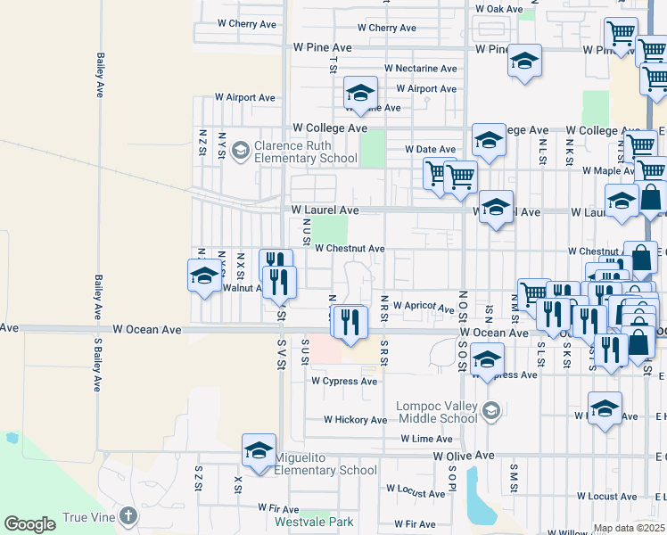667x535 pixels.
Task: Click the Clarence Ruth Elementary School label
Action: pos(293,152)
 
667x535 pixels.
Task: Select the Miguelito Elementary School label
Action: pos(325,465)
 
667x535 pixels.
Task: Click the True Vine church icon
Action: pos(129,516)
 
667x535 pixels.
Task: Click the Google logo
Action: pos(30,524)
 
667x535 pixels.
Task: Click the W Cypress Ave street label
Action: pos(344,382)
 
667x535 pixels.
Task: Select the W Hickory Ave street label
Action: pos(355,419)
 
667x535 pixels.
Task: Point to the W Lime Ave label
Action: pos(427,439)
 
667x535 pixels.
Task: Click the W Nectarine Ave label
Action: pos(421,69)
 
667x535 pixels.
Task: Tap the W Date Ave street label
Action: pos(430,149)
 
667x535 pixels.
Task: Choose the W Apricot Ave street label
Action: pos(423,306)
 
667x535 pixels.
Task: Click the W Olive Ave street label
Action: pos(464,456)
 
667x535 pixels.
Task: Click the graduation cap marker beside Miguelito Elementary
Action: pos(259,450)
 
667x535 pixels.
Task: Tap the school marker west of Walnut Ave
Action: pos(204,275)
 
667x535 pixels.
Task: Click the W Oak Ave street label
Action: pos(499,9)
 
